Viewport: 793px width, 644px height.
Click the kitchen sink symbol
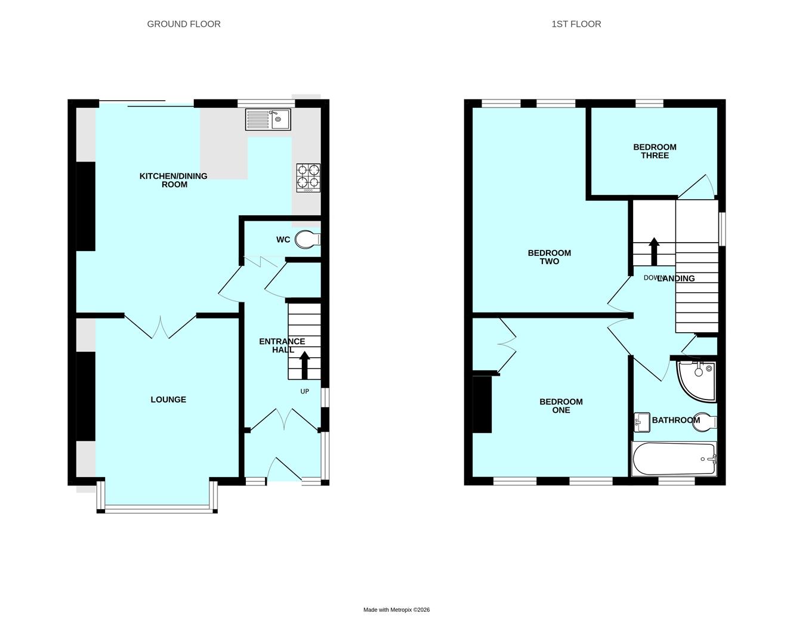point(267,119)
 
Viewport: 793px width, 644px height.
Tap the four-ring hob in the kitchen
point(308,177)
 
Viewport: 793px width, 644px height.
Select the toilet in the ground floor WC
point(307,240)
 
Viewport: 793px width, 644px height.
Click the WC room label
point(283,240)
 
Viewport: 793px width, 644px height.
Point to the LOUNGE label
point(168,400)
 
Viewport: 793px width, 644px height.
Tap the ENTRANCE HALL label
point(282,346)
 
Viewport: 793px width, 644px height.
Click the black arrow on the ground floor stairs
point(304,365)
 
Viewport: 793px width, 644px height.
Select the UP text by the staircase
point(304,392)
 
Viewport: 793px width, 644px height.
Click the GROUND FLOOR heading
point(184,24)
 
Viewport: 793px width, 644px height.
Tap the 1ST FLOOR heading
point(576,24)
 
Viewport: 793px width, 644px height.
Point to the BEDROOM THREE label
point(655,151)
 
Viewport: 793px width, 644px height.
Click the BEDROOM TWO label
point(549,257)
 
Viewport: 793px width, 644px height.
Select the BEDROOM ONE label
point(561,406)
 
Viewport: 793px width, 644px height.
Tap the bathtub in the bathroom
point(674,459)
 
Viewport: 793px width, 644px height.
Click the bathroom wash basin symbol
point(641,422)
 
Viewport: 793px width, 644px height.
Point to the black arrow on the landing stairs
point(654,251)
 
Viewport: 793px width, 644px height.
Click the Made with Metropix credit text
point(396,610)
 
